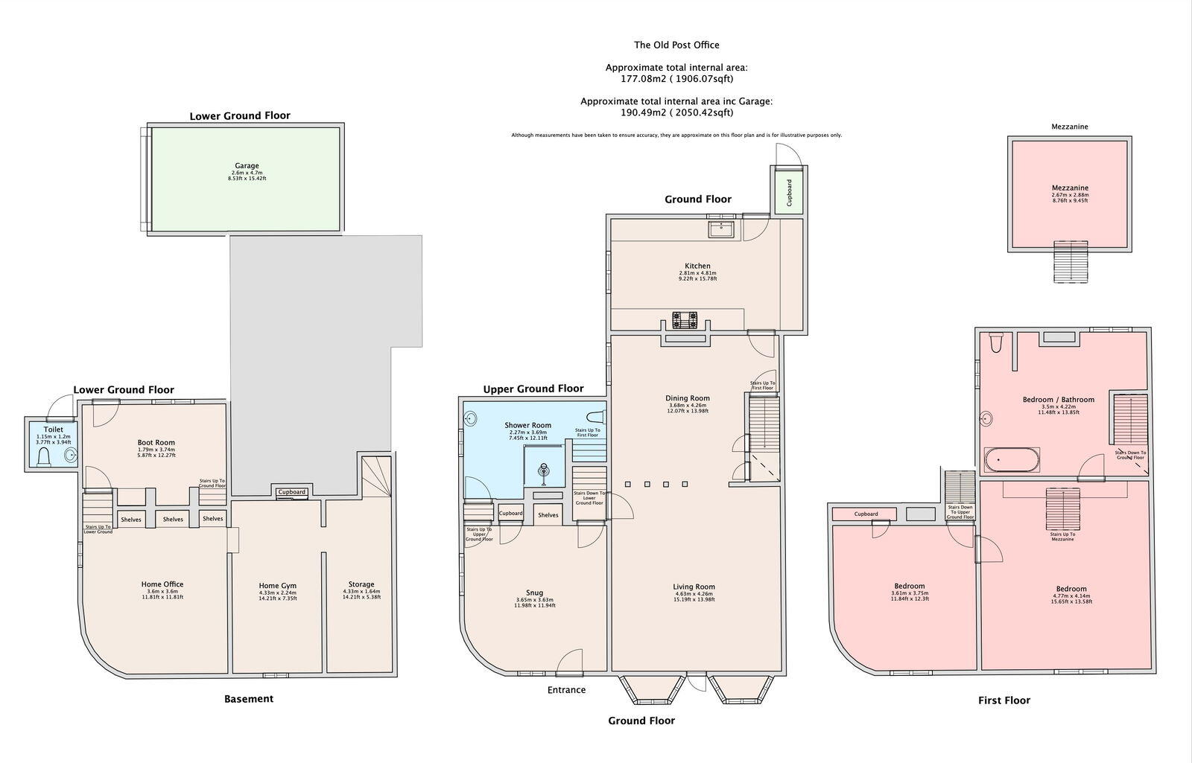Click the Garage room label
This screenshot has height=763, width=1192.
coord(247,166)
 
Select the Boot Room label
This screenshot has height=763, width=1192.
coord(156,442)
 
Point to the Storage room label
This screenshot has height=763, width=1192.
coord(361,584)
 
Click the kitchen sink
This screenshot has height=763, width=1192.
coord(720,229)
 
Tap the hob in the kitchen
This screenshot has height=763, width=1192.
coord(685,320)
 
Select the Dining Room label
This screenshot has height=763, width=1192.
coord(687,398)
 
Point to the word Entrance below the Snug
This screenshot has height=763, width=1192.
coord(566,690)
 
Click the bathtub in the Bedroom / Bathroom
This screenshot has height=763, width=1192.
coord(1012,461)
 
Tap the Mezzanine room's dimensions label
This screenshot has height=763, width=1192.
coord(1069,198)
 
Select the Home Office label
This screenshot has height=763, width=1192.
coord(162,584)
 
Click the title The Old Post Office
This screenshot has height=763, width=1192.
coord(676,45)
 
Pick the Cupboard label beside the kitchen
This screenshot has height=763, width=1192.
coord(789,193)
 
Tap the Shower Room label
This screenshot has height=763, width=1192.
coord(527,426)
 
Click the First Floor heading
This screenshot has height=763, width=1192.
coord(1004,700)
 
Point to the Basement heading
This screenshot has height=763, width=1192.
coord(249,699)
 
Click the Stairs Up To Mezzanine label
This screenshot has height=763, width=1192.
coord(1062,537)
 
